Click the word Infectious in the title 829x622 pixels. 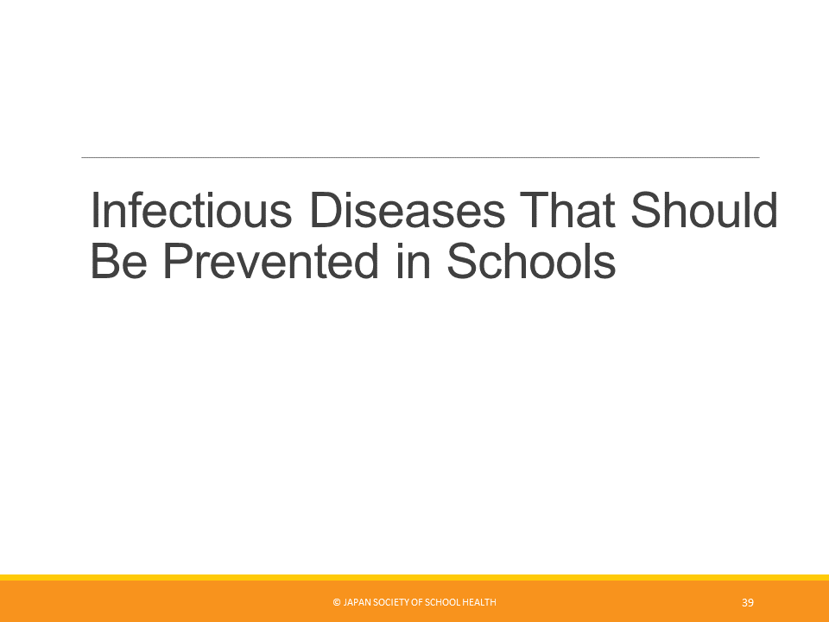coord(192,209)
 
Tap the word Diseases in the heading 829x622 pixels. coord(407,209)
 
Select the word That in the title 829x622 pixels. coord(567,209)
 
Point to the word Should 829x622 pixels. coord(705,209)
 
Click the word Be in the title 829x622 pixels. coord(119,261)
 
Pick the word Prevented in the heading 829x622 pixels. coord(270,261)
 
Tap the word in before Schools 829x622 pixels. coord(413,261)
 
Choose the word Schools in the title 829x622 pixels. coord(531,261)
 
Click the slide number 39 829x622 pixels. coord(748,602)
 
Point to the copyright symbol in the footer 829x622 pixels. coord(337,602)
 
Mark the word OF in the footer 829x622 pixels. coord(416,602)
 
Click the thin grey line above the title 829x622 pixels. coord(421,157)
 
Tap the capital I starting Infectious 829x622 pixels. coord(94,209)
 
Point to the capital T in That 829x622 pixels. coord(535,209)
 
